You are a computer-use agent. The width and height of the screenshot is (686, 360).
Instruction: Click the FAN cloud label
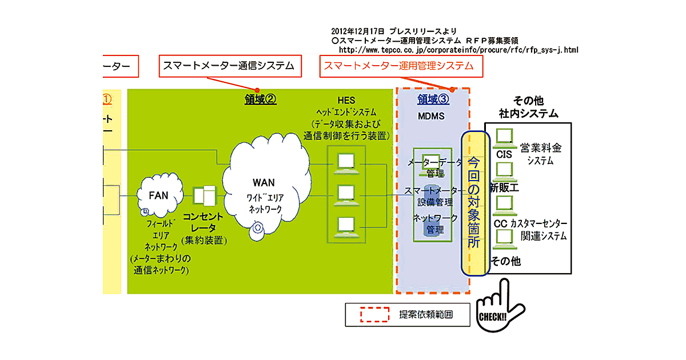[x=158, y=195]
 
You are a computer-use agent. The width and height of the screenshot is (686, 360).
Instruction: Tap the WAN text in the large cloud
[x=264, y=183]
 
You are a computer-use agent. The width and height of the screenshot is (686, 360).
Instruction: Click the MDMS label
[x=432, y=115]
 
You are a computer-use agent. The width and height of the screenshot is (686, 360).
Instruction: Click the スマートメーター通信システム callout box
[x=229, y=66]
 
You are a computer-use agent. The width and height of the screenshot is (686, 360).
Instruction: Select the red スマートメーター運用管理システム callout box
[x=400, y=66]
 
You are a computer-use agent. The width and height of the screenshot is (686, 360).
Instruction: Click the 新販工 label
[x=504, y=187]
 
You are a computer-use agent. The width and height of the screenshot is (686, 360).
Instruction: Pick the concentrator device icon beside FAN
[x=204, y=196]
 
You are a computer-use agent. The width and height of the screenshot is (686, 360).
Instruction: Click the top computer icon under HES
[x=347, y=163]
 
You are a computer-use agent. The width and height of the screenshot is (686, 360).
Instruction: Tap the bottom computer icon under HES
[x=347, y=226]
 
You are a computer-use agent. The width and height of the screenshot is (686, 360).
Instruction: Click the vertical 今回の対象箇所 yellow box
[x=476, y=203]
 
